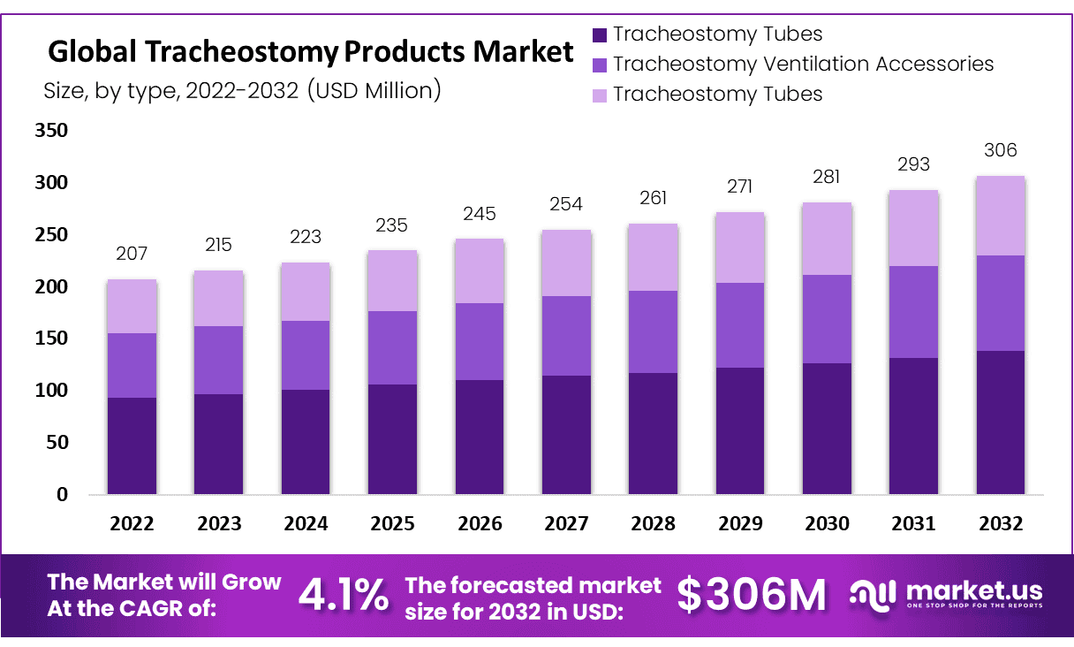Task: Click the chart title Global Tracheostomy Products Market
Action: pyautogui.click(x=310, y=52)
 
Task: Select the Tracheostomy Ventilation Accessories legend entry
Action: pyautogui.click(x=803, y=65)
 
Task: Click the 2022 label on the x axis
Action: pyautogui.click(x=132, y=524)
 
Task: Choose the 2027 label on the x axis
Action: pyautogui.click(x=566, y=524)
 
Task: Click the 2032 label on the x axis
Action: pyautogui.click(x=1001, y=524)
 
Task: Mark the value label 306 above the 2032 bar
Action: pyautogui.click(x=1001, y=151)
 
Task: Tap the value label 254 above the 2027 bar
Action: pyautogui.click(x=566, y=205)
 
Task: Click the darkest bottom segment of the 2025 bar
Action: pyautogui.click(x=392, y=438)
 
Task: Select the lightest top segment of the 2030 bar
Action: pyautogui.click(x=827, y=239)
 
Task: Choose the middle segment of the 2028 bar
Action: pyautogui.click(x=653, y=331)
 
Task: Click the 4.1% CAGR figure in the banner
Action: pyautogui.click(x=343, y=596)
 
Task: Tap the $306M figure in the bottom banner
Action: pyautogui.click(x=752, y=596)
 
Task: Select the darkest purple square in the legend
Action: pyautogui.click(x=600, y=35)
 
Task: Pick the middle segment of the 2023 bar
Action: pyautogui.click(x=218, y=360)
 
